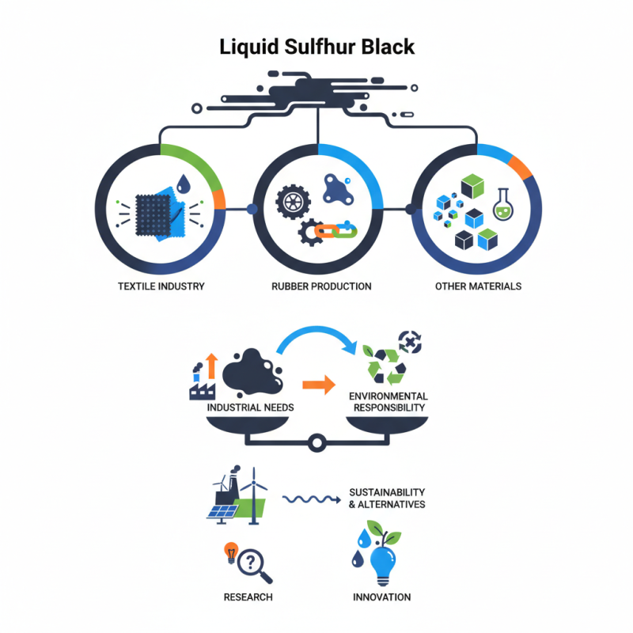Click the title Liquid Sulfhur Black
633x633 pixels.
[316, 47]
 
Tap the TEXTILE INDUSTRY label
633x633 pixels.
[161, 286]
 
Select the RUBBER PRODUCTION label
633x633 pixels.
[317, 286]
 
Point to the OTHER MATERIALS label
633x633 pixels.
[478, 286]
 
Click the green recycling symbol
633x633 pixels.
[383, 364]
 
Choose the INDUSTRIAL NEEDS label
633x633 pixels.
[250, 407]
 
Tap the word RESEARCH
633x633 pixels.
[248, 597]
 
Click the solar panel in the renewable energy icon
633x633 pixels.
[223, 510]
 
